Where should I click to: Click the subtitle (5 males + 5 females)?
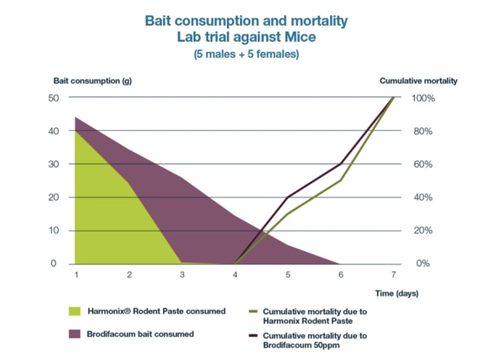click(x=246, y=54)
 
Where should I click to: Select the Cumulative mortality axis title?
click(x=418, y=81)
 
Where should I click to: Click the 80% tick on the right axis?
click(x=423, y=131)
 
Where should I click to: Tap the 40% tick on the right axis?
click(x=423, y=197)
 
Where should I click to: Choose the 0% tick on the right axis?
click(x=421, y=263)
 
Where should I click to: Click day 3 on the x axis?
click(x=181, y=274)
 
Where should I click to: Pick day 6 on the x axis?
click(x=341, y=274)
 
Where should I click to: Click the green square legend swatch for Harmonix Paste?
click(x=75, y=311)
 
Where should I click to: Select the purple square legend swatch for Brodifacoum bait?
click(x=75, y=335)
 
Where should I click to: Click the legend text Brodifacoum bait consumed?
click(x=141, y=335)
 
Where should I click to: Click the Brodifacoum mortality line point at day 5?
click(x=288, y=197)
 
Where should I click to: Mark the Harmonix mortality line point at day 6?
click(x=341, y=181)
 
